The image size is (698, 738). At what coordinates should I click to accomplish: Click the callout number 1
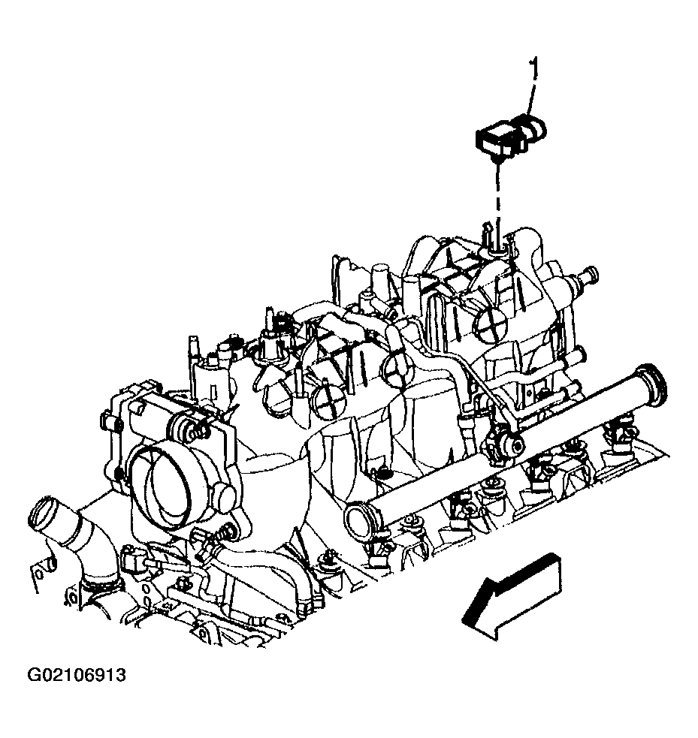coord(533,69)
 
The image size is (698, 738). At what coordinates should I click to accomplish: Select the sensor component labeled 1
coord(510,136)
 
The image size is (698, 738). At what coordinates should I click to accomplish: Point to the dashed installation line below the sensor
coord(497,197)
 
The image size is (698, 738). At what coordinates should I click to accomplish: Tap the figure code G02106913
coord(77,676)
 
